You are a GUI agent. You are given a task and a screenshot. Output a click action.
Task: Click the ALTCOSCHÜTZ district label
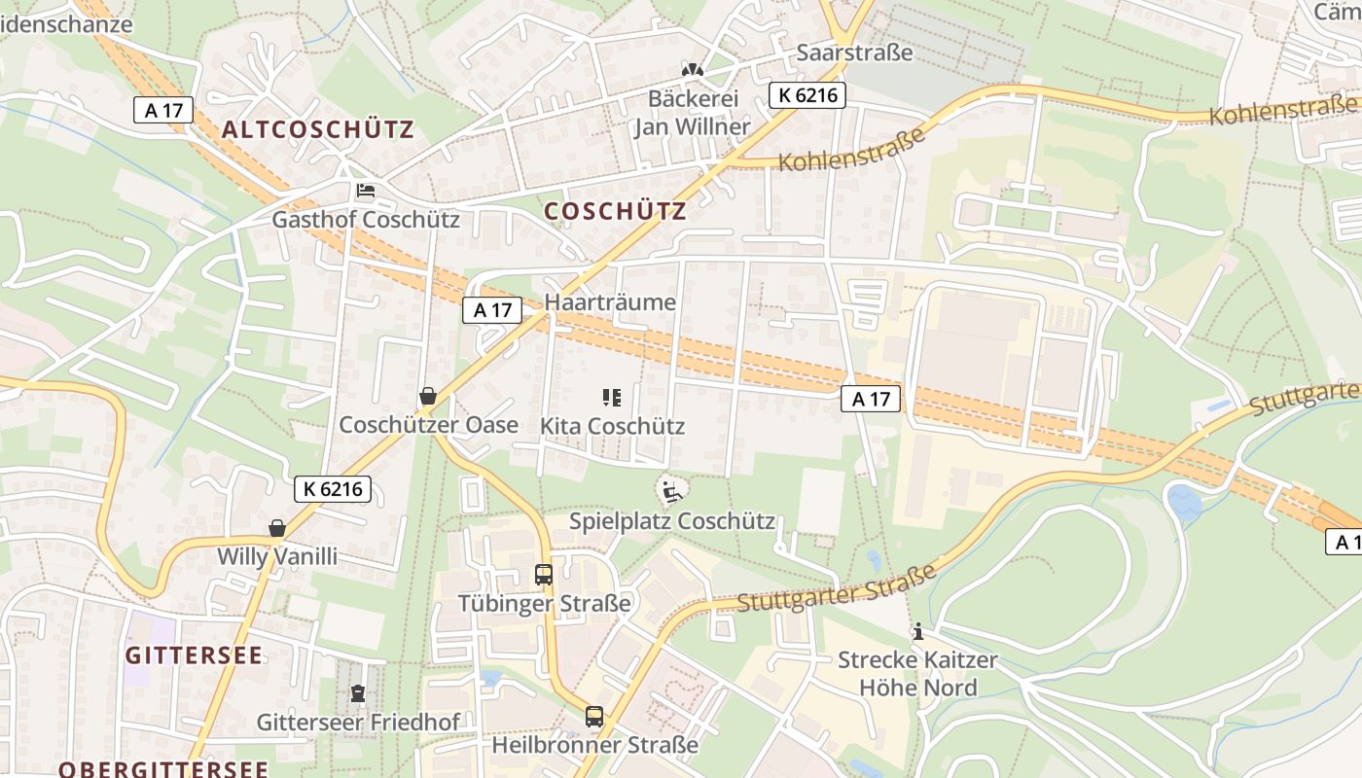coord(317,129)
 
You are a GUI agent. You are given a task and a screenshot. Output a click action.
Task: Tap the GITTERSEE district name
coord(194,655)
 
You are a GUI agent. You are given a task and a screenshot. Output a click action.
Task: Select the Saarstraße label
coord(854,53)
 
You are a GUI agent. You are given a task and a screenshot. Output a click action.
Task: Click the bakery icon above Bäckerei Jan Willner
coord(692,70)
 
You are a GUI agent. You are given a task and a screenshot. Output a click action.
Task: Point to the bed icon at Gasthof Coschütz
coord(365,191)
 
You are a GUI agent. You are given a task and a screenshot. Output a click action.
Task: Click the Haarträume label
coord(610,302)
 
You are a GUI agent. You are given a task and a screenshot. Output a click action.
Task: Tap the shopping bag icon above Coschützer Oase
coord(427,396)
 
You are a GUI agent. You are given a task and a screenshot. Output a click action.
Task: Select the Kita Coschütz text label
coord(612,426)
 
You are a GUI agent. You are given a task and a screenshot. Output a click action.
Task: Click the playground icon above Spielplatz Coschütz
coord(669,492)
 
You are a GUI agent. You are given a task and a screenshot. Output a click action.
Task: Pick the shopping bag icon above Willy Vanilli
coord(277,528)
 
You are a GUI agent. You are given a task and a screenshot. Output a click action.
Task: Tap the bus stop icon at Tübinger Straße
coord(544,575)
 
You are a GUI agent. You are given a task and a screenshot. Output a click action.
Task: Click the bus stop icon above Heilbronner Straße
coord(594,717)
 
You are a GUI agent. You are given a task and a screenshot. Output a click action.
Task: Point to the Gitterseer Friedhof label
coord(357,723)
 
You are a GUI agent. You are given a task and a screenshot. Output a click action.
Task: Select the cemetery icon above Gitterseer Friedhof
coord(357,694)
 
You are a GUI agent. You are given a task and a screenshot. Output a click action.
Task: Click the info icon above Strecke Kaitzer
coord(917,632)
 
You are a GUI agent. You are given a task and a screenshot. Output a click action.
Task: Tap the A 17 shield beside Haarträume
coord(492,310)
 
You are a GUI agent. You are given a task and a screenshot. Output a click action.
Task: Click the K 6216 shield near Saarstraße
coord(806,95)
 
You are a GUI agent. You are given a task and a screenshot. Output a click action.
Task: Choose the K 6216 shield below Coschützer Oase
coord(333,489)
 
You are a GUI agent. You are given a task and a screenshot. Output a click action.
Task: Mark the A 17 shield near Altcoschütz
coord(163,110)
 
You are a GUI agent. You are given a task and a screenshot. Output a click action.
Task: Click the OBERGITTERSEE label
coord(162,769)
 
